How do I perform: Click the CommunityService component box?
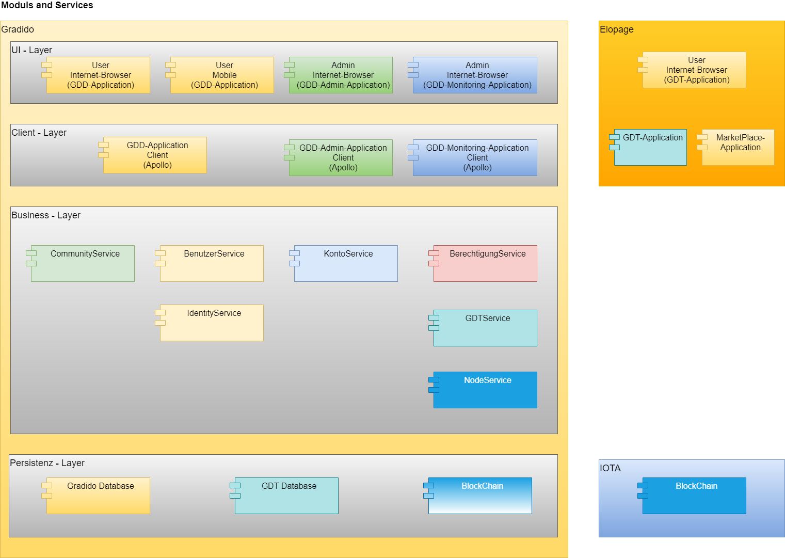pos(83,263)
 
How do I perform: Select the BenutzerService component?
pos(212,263)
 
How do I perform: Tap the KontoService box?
pos(346,263)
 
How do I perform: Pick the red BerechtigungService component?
pos(485,263)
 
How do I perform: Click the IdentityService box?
pos(212,323)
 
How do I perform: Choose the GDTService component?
pos(485,328)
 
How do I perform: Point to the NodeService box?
pos(485,390)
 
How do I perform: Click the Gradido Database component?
pos(98,496)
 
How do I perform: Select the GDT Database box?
pos(286,496)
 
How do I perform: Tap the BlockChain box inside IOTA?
pos(694,496)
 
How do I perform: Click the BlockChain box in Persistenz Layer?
pos(480,496)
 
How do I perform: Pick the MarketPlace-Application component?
pos(738,147)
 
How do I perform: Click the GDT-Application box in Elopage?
pos(650,147)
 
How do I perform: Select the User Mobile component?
pos(222,75)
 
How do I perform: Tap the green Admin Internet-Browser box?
pos(341,75)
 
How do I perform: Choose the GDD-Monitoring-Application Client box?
pos(475,157)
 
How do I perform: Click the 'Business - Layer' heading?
pos(46,215)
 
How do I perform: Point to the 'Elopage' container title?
pos(616,29)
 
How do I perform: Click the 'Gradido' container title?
pos(18,29)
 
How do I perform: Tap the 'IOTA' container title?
pos(610,468)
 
